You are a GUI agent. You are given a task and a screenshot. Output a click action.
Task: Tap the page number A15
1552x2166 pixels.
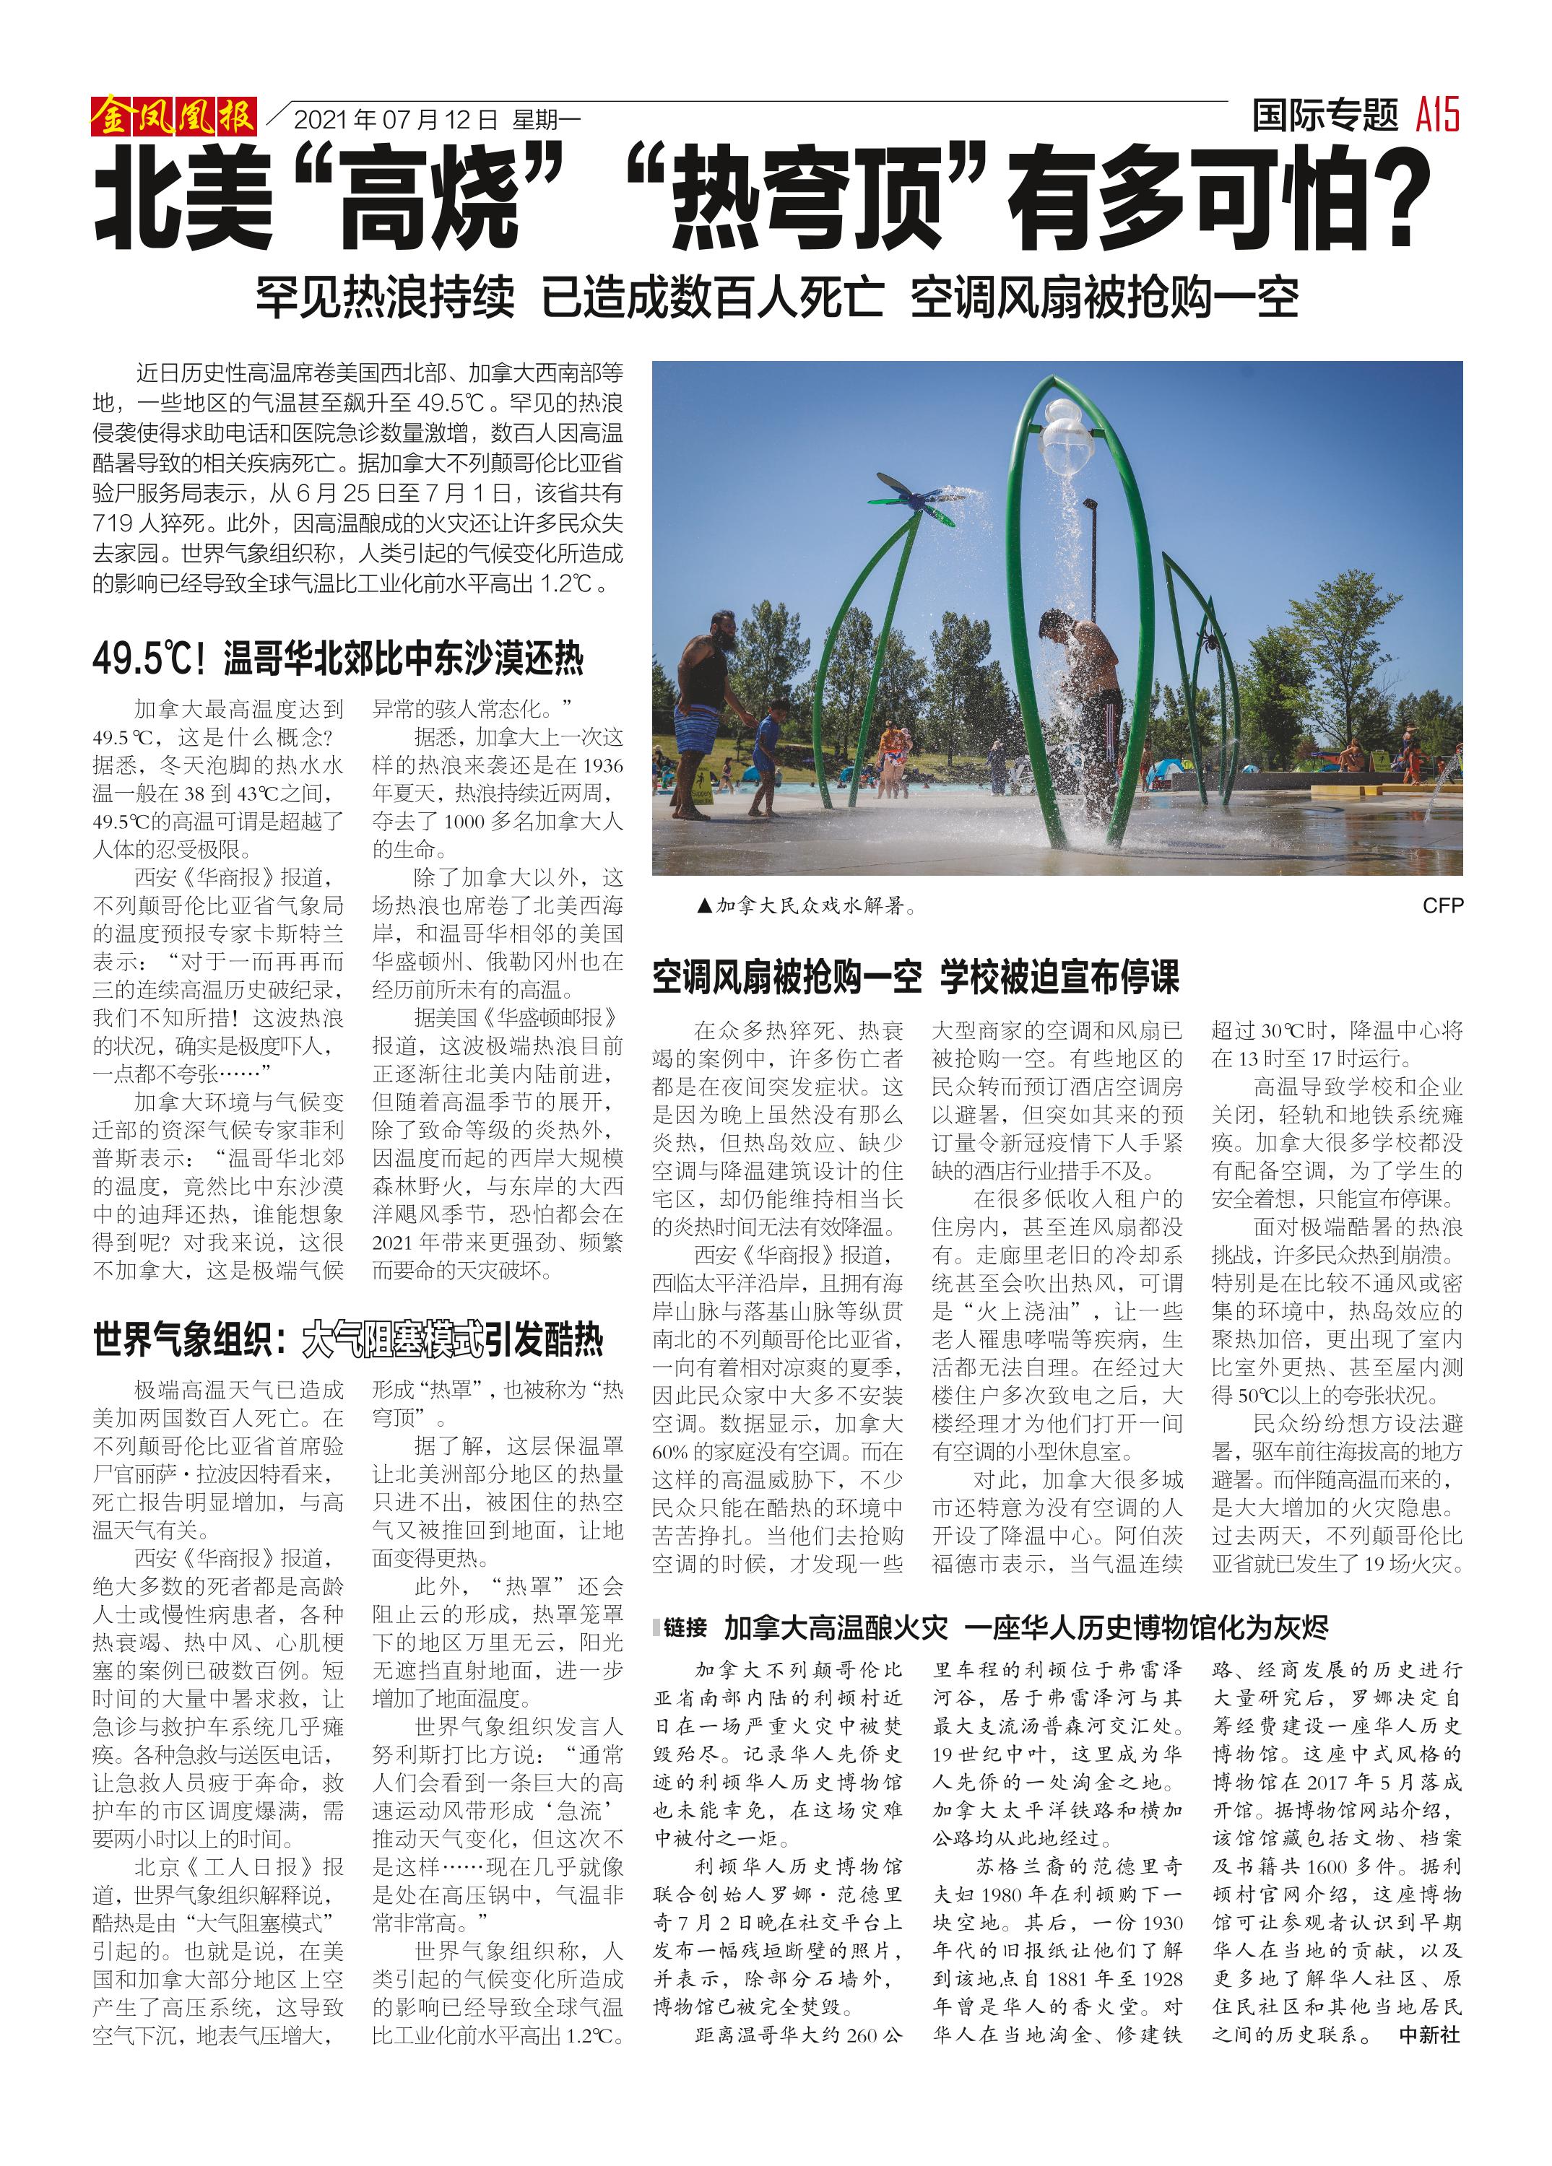click(1437, 116)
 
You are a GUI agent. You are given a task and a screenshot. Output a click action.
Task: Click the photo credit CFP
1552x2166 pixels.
click(1442, 905)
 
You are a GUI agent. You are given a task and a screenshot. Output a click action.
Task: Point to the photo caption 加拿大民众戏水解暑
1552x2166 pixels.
click(808, 905)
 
